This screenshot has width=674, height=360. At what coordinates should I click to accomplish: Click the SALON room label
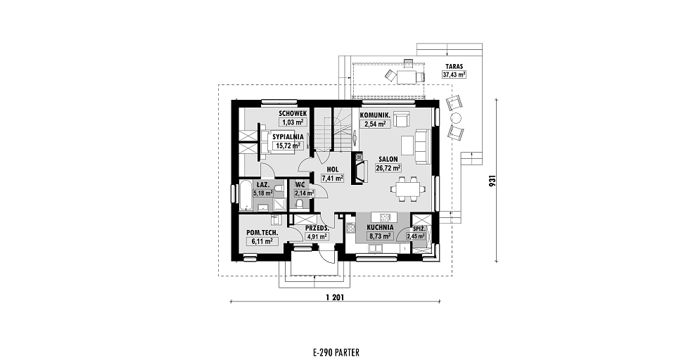(388, 159)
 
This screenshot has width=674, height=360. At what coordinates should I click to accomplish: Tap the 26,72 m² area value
(388, 168)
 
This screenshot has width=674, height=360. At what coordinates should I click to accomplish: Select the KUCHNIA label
(380, 227)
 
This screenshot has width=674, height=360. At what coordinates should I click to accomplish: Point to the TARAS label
(454, 67)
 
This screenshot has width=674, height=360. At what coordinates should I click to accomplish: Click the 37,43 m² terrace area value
(454, 75)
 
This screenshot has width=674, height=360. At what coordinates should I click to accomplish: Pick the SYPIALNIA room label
(288, 136)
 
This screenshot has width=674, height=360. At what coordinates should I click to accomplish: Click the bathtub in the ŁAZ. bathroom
(246, 195)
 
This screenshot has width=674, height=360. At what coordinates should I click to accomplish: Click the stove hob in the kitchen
(350, 227)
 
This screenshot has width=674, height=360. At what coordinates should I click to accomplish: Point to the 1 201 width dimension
(335, 297)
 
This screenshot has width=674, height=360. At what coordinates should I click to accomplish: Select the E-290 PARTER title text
(336, 353)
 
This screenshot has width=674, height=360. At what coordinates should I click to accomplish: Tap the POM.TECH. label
(262, 233)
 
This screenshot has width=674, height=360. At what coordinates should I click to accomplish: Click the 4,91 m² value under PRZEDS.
(317, 236)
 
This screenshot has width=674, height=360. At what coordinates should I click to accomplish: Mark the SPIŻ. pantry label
(419, 229)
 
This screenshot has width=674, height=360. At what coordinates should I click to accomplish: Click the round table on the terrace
(455, 118)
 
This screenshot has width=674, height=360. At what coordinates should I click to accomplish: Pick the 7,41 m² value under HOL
(333, 178)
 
